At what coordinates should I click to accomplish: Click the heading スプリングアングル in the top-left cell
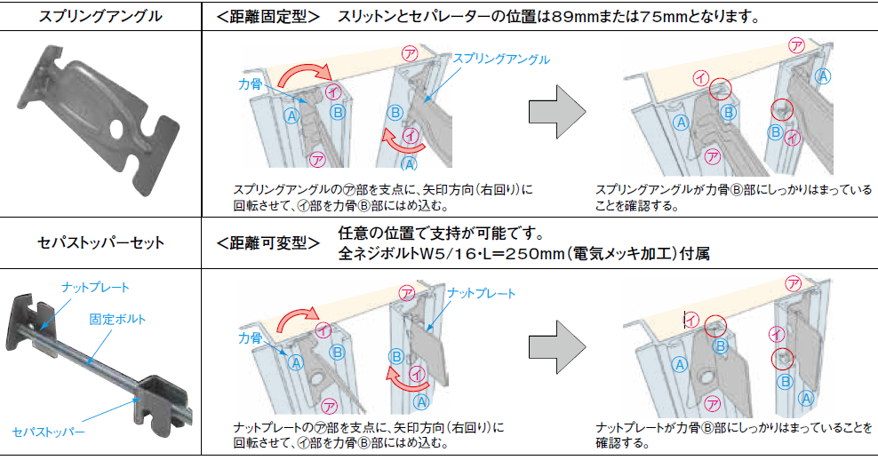pyautogui.click(x=100, y=16)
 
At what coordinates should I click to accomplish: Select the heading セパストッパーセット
pyautogui.click(x=100, y=241)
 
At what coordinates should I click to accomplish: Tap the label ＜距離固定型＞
pyautogui.click(x=267, y=16)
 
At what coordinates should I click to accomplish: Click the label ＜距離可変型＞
pyautogui.click(x=267, y=242)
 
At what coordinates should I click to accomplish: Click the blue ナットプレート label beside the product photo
pyautogui.click(x=95, y=287)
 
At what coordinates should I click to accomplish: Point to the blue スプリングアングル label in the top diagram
pyautogui.click(x=501, y=59)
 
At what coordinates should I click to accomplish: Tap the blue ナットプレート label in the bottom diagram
pyautogui.click(x=481, y=292)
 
